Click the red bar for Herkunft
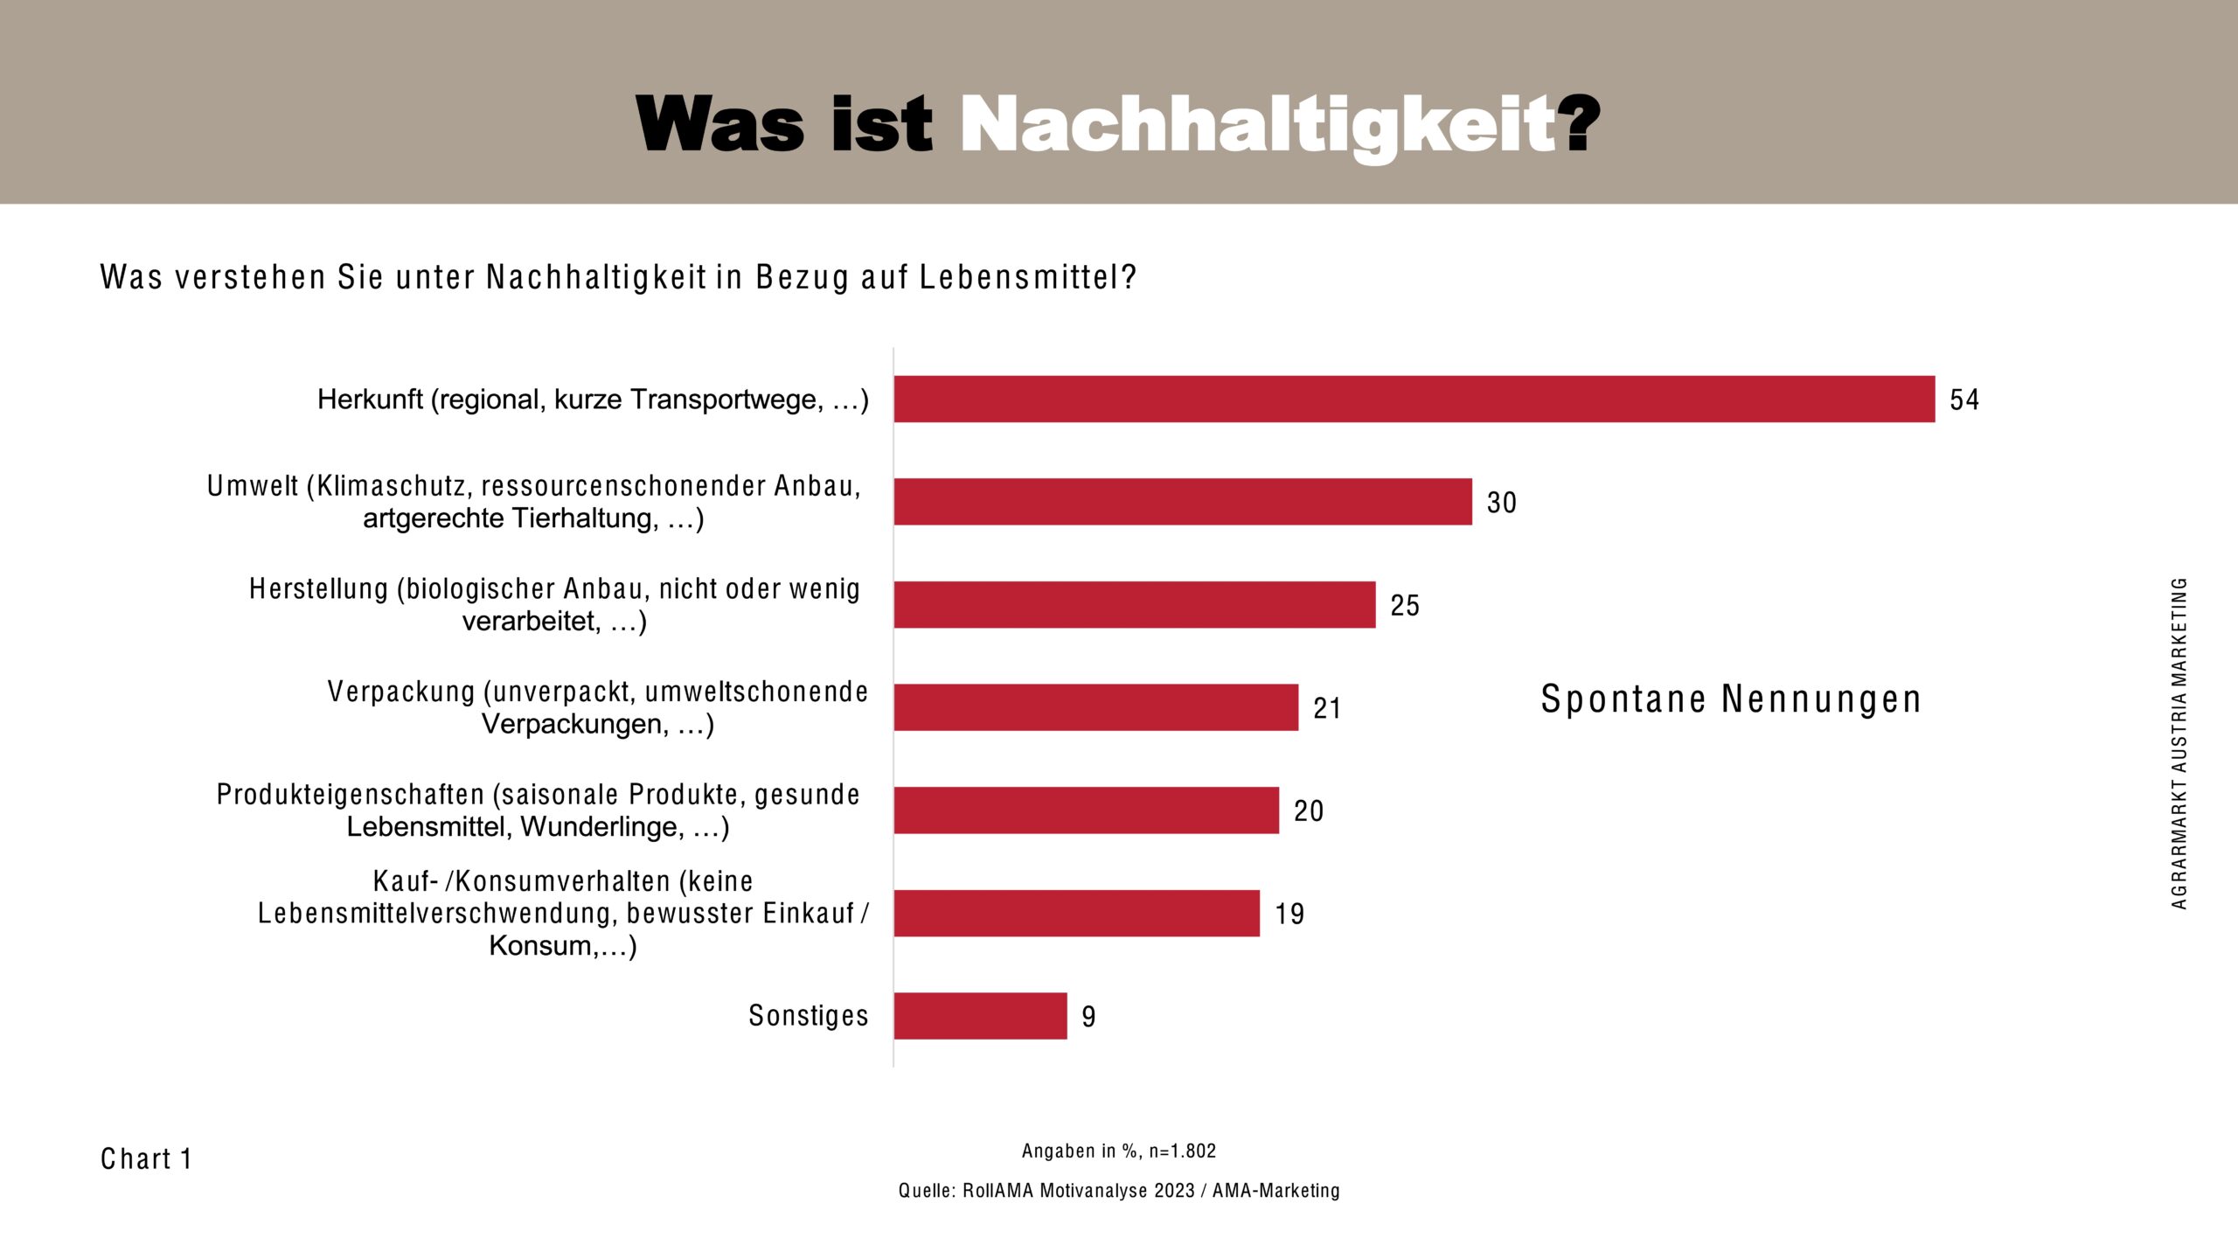[1414, 400]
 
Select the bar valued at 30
[1182, 502]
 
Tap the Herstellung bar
[1134, 604]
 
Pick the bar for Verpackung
[1095, 707]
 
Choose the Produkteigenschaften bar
[1086, 810]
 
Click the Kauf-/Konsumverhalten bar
[1076, 913]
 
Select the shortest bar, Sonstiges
[980, 1016]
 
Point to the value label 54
[1963, 400]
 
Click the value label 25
[1405, 605]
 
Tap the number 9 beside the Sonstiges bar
[1088, 1017]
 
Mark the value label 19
[1289, 914]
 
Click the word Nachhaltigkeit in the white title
[1259, 125]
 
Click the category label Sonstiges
[808, 1015]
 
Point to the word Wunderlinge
[602, 827]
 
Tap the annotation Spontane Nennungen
[1731, 699]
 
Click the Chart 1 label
[146, 1158]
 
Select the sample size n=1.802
[1182, 1151]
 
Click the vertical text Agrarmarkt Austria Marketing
[2179, 743]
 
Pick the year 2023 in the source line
[1173, 1191]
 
